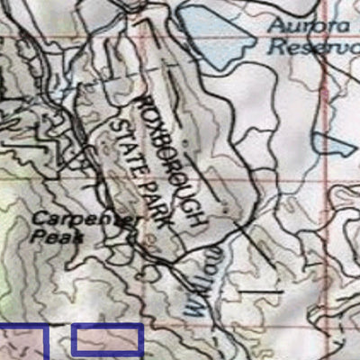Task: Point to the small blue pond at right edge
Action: pyautogui.click(x=332, y=144)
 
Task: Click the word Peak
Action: pyautogui.click(x=56, y=238)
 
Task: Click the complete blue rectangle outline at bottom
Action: pyautogui.click(x=107, y=340)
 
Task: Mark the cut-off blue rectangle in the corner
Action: pyautogui.click(x=22, y=342)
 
